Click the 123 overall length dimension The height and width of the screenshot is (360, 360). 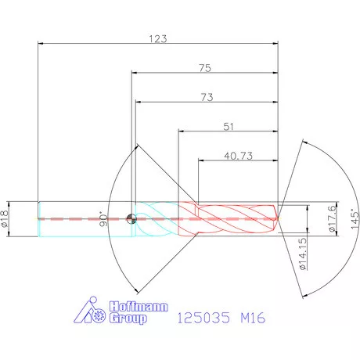158,38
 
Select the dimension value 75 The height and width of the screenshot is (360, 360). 204,68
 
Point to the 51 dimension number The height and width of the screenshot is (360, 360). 229,126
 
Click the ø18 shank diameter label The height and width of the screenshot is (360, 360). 5,217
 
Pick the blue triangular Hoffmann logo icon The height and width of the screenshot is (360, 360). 92,312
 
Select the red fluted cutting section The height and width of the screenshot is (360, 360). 227,218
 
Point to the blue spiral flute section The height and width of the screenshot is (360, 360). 158,218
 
